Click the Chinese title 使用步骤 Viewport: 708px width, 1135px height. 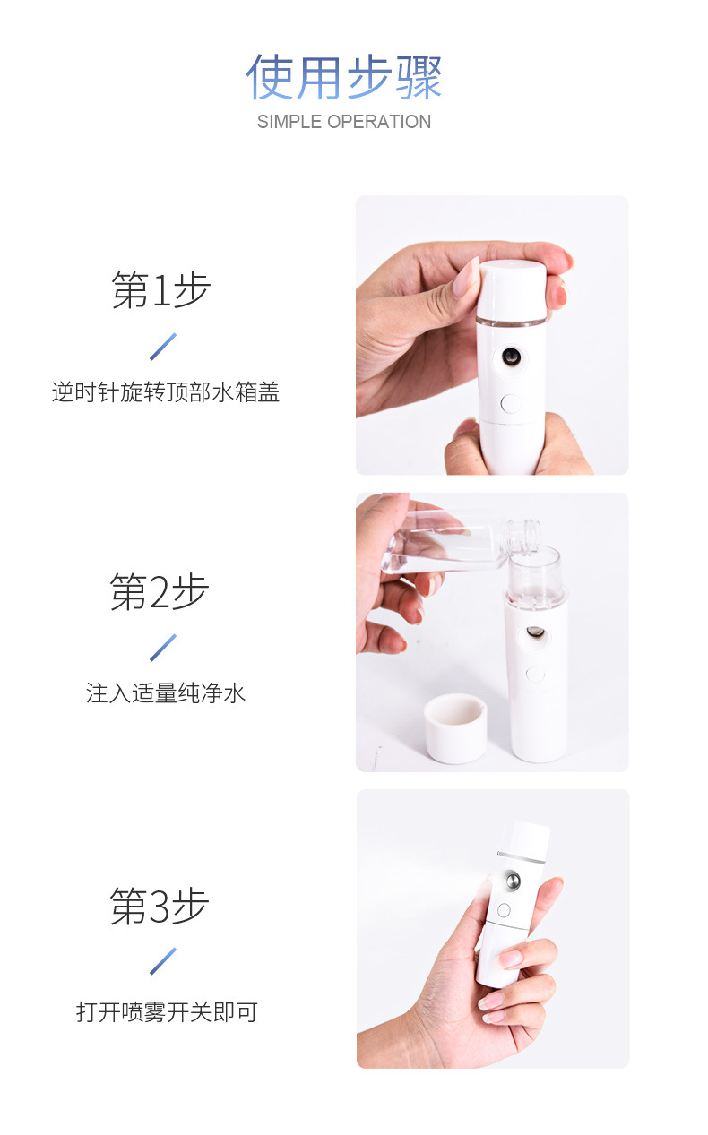[344, 77]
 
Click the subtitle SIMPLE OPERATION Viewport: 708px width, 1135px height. [344, 122]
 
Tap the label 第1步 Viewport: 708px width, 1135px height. [160, 290]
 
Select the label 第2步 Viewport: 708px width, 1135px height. [160, 592]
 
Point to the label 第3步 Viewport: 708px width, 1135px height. [160, 906]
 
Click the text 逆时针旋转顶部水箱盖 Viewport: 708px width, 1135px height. [166, 392]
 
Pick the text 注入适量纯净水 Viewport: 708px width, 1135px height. [166, 693]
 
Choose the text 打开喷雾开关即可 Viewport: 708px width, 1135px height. [167, 1012]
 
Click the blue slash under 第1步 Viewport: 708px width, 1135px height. [163, 347]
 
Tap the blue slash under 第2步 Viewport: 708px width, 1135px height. [163, 647]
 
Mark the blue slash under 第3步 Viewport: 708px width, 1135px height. [163, 961]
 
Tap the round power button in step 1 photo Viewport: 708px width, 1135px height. [511, 403]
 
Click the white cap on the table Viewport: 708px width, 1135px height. [455, 729]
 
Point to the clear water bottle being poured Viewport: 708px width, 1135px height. [439, 542]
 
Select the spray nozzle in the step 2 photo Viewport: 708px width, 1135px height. [535, 633]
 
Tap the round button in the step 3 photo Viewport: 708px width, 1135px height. [503, 911]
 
